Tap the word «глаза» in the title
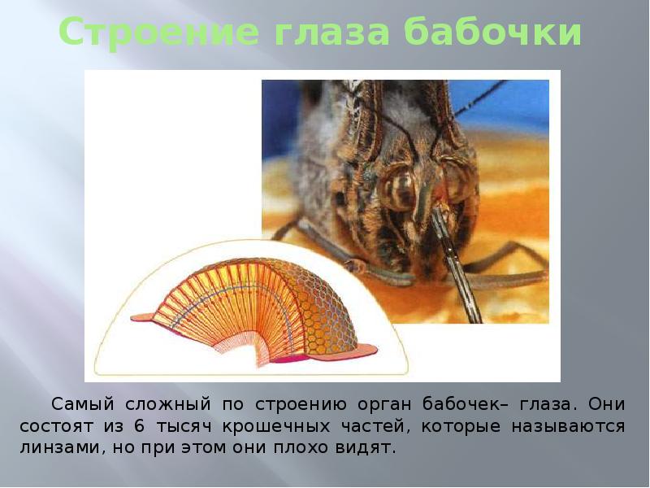324,33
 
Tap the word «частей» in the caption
396,425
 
